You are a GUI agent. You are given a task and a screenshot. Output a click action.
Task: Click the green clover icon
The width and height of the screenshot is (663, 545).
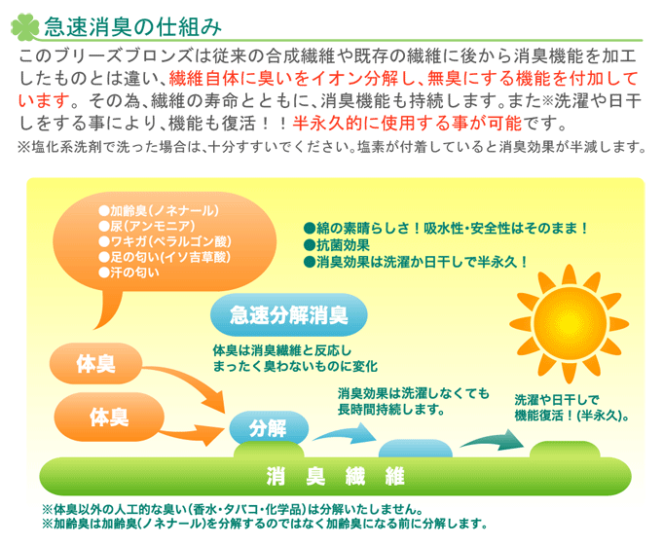(24, 26)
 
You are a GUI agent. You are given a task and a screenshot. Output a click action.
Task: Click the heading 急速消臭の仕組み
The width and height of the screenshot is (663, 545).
(132, 26)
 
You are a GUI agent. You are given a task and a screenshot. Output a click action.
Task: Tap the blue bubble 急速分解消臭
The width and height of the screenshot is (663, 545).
(289, 315)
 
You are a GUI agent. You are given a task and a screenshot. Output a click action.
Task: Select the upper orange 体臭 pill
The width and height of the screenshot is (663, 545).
(95, 364)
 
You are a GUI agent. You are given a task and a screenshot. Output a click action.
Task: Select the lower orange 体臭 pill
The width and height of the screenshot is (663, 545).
(109, 417)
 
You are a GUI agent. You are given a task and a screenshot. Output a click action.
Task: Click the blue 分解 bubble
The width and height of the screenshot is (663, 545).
(269, 427)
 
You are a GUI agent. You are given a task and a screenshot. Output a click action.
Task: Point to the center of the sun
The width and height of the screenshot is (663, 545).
(570, 323)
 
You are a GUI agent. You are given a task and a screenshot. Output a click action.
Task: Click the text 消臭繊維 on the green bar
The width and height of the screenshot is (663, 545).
(335, 477)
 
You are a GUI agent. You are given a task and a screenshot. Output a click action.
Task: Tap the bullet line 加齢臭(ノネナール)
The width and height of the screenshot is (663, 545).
(159, 210)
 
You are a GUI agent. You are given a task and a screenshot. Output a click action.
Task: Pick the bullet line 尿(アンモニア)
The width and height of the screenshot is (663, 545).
(147, 226)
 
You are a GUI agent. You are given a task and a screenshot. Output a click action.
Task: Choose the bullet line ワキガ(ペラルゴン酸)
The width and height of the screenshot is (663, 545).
(165, 241)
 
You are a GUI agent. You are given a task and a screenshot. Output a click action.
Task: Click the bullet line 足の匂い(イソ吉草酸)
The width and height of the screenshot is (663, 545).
(165, 257)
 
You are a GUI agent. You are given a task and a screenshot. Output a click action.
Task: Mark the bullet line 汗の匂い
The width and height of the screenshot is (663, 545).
(129, 272)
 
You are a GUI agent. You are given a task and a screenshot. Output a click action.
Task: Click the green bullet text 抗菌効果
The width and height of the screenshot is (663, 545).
(337, 245)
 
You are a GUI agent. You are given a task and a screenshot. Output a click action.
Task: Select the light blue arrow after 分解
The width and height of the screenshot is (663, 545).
(345, 433)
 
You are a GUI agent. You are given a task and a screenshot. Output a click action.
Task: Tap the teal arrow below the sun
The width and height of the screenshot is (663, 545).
(493, 440)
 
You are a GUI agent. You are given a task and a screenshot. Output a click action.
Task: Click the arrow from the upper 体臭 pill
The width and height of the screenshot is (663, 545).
(186, 383)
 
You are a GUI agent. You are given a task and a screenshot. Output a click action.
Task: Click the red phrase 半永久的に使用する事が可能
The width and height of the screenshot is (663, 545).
(407, 124)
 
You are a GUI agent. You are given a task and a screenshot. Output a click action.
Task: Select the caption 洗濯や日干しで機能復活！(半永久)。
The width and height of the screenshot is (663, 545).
(572, 408)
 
